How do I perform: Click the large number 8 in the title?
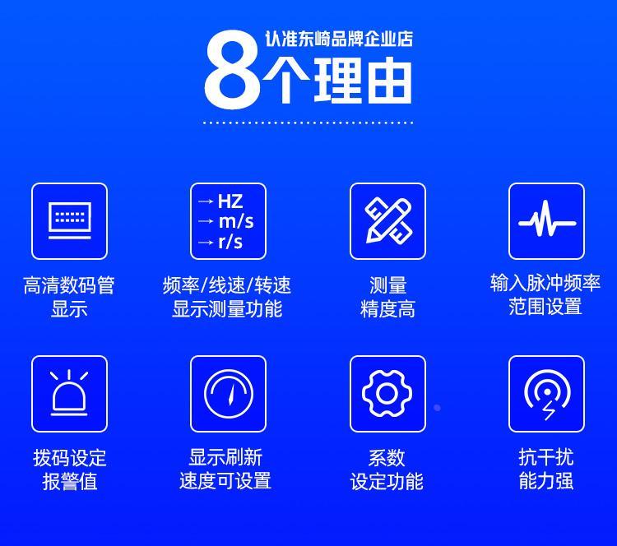[232, 70]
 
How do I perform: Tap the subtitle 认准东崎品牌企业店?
[339, 39]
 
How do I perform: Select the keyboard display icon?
[70, 220]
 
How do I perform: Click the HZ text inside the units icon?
[230, 201]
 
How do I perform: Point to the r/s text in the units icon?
[230, 242]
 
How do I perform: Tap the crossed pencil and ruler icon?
[388, 220]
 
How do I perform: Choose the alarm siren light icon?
[69, 393]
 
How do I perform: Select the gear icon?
[387, 393]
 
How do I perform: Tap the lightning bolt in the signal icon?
[548, 411]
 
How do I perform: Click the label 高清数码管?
[69, 285]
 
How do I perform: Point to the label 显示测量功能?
[227, 309]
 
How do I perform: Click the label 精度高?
[387, 309]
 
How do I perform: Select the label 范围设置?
[545, 307]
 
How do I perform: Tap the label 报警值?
[70, 481]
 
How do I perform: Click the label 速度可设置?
[225, 481]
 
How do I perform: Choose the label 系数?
[387, 457]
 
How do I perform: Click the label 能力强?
[545, 481]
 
